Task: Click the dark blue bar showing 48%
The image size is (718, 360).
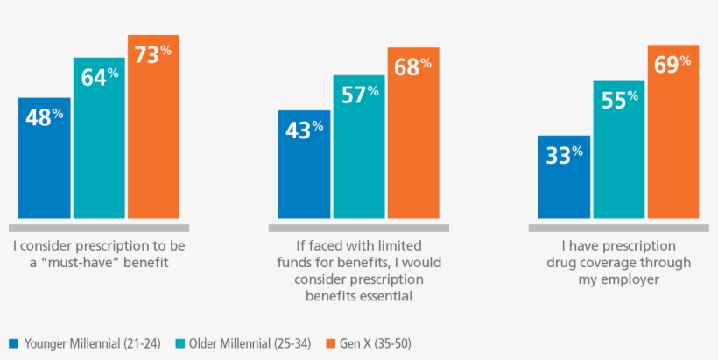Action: (44, 158)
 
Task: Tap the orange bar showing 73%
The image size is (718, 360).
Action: (153, 126)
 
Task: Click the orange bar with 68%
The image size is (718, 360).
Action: (413, 132)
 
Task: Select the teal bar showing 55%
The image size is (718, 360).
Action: (618, 149)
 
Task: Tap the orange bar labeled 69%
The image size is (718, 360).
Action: (673, 131)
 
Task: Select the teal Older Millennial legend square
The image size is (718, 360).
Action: (179, 343)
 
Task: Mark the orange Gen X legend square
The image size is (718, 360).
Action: (331, 343)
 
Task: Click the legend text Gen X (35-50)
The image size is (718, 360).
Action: (375, 343)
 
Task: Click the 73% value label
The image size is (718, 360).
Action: (153, 53)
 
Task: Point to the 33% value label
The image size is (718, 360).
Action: (564, 155)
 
